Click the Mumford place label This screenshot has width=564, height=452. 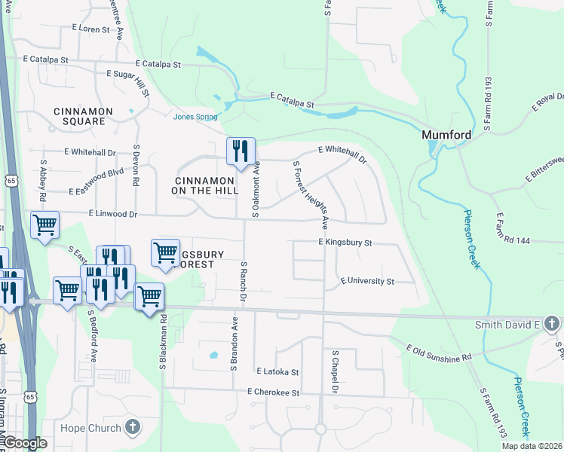coord(446,135)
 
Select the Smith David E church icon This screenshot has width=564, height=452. coord(551,325)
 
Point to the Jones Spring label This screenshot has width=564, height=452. coord(195,117)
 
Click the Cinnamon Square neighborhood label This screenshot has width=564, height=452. coord(84,116)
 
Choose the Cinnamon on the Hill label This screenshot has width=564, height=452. coord(204,185)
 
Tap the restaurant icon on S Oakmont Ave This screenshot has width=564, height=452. coord(241,151)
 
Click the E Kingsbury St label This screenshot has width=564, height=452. coord(345,243)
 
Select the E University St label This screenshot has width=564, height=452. coord(367,281)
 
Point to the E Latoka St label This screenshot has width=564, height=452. coord(277,371)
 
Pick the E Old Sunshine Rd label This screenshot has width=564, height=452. coord(438,352)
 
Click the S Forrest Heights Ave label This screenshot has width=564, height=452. coord(311,194)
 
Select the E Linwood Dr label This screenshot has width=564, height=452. coord(113,214)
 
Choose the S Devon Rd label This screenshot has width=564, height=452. coord(136,166)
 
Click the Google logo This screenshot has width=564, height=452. coord(24,443)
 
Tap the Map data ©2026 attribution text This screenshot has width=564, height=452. coord(532,446)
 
